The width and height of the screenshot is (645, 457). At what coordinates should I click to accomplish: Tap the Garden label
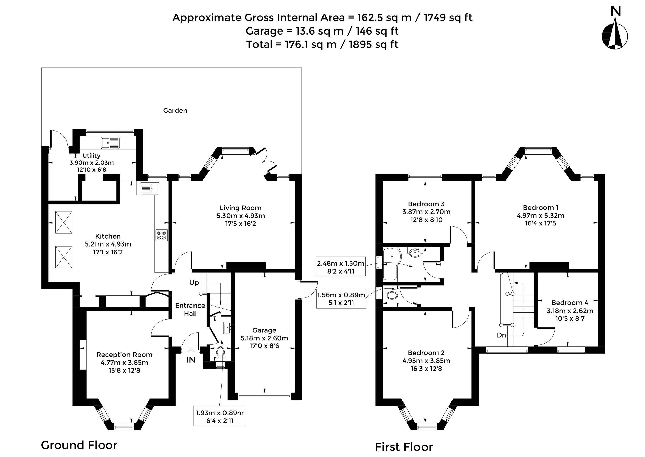(175, 111)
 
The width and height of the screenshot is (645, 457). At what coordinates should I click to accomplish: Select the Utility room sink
(110, 143)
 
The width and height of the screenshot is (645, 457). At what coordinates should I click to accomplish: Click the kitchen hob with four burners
(162, 235)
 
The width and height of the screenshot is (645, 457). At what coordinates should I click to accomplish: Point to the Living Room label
(241, 208)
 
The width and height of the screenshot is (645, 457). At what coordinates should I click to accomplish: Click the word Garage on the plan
(264, 330)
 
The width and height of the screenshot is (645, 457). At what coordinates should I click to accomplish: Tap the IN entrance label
(191, 360)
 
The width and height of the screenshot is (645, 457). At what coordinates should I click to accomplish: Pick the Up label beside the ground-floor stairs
(194, 283)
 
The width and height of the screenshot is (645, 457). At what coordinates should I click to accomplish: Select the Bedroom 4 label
(570, 303)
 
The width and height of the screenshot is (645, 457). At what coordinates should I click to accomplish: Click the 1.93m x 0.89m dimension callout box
(219, 416)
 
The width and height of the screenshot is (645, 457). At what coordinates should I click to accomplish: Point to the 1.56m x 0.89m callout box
(341, 298)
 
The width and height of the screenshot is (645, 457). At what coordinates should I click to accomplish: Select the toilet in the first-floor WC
(391, 295)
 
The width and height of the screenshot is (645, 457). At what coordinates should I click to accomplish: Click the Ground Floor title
(79, 445)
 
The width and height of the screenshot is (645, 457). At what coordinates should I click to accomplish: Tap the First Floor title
(404, 447)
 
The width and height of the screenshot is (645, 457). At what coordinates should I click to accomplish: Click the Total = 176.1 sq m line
(322, 44)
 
